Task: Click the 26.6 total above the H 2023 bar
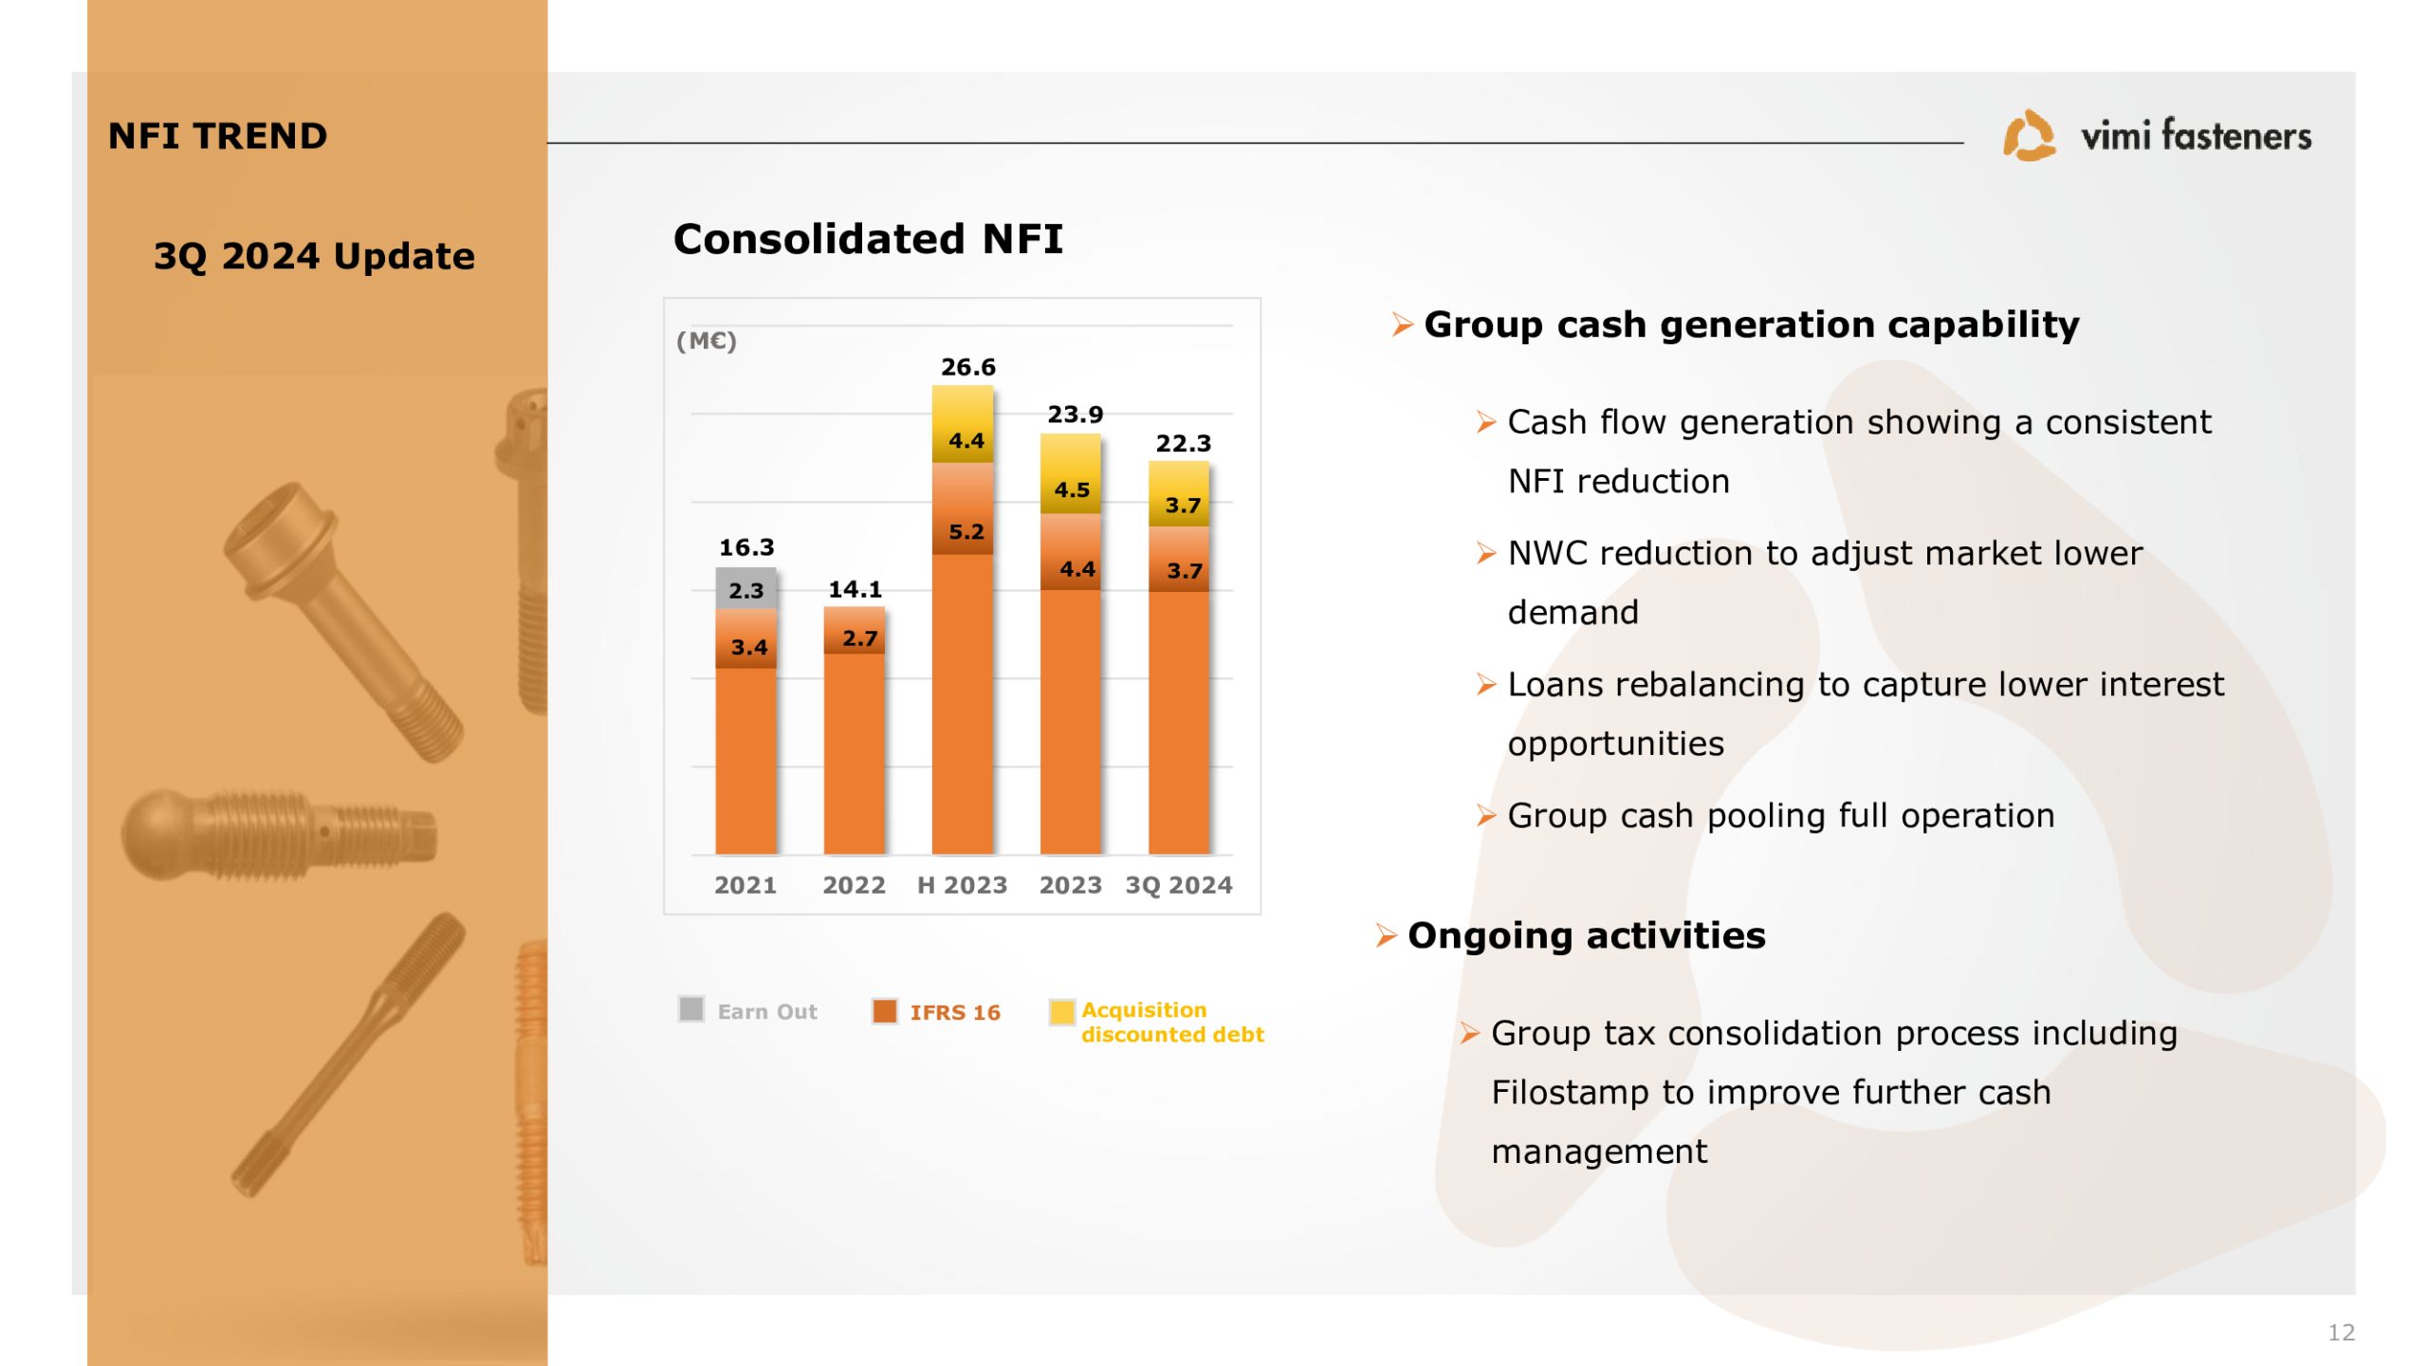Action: pyautogui.click(x=967, y=367)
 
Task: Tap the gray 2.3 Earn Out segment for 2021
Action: pyautogui.click(x=745, y=589)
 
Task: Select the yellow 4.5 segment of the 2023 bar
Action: pyautogui.click(x=1071, y=474)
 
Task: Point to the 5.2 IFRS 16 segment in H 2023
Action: pyautogui.click(x=963, y=509)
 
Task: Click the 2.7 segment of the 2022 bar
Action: pyautogui.click(x=854, y=630)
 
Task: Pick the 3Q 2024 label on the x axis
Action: pyautogui.click(x=1179, y=885)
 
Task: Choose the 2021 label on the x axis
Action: pyautogui.click(x=745, y=885)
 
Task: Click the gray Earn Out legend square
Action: pyautogui.click(x=691, y=1008)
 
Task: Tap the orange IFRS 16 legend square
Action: pyautogui.click(x=885, y=1011)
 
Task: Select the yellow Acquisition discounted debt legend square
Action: pyautogui.click(x=1062, y=1012)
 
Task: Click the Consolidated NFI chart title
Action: pyautogui.click(x=868, y=239)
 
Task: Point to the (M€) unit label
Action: pyautogui.click(x=707, y=341)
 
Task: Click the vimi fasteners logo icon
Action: pyautogui.click(x=2029, y=136)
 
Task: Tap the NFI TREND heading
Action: pyautogui.click(x=217, y=137)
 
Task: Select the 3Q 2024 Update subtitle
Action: pyautogui.click(x=314, y=256)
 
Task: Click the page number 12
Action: pyautogui.click(x=2341, y=1333)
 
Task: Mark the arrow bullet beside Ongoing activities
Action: pyautogui.click(x=1386, y=936)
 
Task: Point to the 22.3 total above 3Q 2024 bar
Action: pyautogui.click(x=1184, y=443)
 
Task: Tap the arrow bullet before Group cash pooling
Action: pyautogui.click(x=1485, y=816)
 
